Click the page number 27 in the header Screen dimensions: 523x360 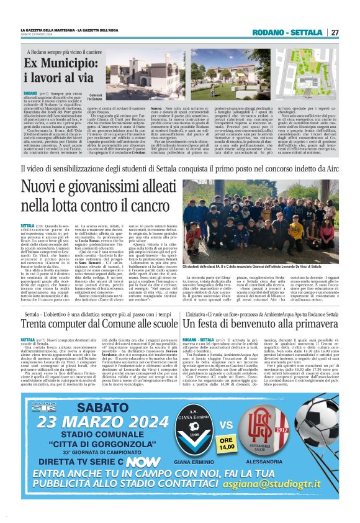click(x=335, y=32)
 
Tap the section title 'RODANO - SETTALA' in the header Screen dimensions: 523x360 click(x=287, y=32)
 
